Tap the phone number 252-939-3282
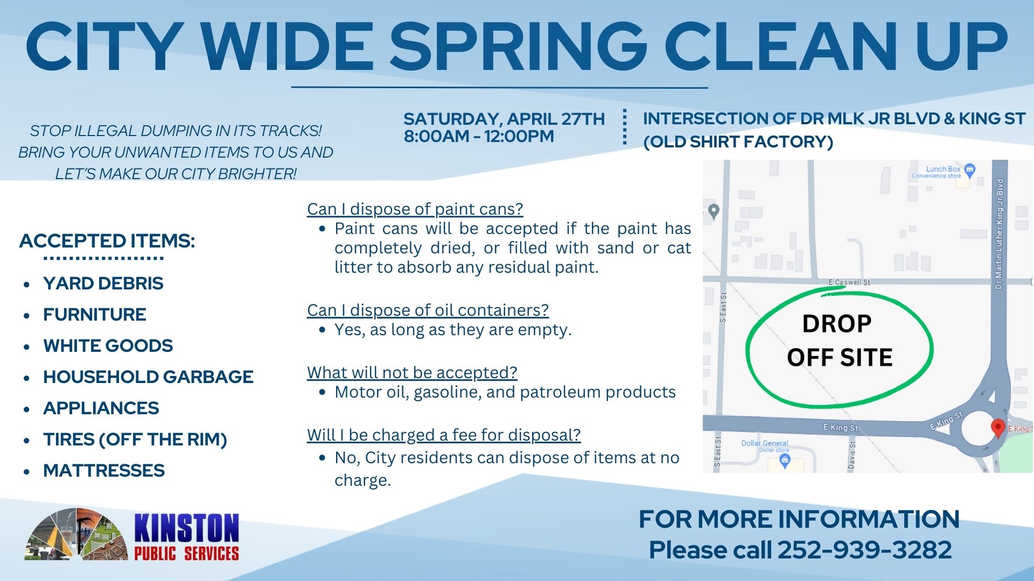tap(864, 550)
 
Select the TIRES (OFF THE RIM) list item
tap(135, 440)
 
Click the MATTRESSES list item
tap(104, 471)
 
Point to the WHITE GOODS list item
tap(108, 346)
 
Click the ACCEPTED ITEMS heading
tap(107, 240)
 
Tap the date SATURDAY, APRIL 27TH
tap(504, 118)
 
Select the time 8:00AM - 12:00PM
tap(479, 137)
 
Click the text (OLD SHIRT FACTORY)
tap(738, 142)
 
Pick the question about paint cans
tap(415, 209)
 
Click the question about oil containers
tap(428, 310)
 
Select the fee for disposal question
tap(444, 435)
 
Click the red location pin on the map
tap(998, 428)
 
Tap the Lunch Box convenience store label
tap(942, 171)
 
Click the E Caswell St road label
tap(849, 282)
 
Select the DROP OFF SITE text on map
tap(839, 341)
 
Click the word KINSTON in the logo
tap(186, 528)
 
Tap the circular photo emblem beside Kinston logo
tap(76, 534)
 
